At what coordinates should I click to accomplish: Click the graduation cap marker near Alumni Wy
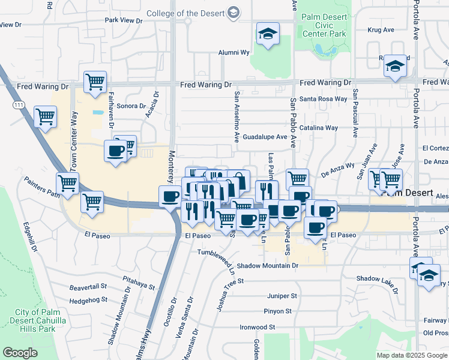click(x=267, y=34)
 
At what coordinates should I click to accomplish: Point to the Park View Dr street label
click(x=124, y=20)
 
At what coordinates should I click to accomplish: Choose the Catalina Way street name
click(x=319, y=128)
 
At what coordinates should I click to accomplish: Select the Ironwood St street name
click(x=257, y=327)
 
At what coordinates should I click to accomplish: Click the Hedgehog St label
click(x=88, y=299)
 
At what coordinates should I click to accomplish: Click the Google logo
click(x=20, y=353)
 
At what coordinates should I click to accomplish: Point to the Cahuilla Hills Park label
click(x=43, y=320)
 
